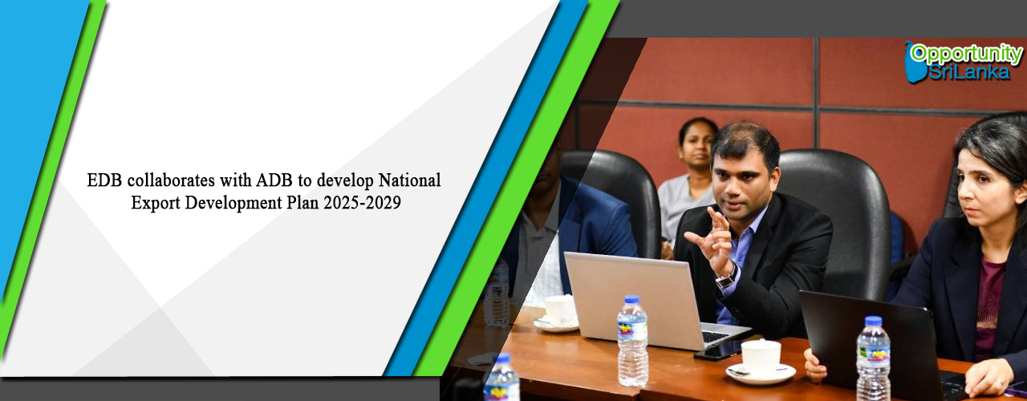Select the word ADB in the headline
click(x=274, y=180)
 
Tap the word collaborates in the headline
click(x=171, y=180)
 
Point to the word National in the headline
click(x=409, y=180)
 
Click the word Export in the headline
click(x=156, y=203)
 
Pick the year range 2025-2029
click(x=362, y=203)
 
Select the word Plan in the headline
click(x=302, y=203)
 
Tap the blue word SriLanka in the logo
click(x=969, y=72)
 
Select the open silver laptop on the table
click(x=651, y=300)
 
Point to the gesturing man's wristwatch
click(x=727, y=277)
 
